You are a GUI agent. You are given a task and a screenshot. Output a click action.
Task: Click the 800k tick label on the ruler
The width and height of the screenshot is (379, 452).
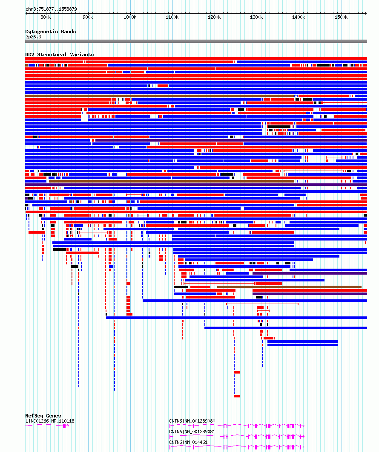[x=46, y=17]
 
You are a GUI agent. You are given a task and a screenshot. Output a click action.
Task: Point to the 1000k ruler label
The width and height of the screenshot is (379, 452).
[x=130, y=17]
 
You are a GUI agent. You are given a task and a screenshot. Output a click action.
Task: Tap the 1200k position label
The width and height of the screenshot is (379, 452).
[x=214, y=17]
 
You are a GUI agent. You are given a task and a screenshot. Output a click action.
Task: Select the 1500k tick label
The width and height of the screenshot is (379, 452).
[x=341, y=17]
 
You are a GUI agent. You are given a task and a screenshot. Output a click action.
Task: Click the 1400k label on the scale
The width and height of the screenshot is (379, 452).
[x=299, y=17]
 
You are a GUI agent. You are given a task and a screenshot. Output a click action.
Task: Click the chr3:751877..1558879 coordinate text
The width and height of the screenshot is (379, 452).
[x=51, y=9]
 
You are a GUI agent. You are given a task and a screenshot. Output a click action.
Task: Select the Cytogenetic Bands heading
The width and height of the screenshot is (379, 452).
[x=51, y=32]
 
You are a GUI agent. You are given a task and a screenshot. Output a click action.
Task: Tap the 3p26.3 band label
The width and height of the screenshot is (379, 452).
[x=33, y=37]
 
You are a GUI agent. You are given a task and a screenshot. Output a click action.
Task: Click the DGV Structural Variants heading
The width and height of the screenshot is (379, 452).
[x=60, y=55]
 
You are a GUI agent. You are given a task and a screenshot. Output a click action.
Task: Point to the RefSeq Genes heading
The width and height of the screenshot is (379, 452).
[x=43, y=416]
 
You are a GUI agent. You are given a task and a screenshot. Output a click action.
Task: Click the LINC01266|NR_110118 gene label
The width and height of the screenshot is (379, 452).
[x=50, y=421]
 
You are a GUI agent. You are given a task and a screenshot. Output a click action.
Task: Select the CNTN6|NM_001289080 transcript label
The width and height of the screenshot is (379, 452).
[x=192, y=421]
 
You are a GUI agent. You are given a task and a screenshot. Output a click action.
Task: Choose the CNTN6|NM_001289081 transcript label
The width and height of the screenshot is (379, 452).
[x=192, y=432]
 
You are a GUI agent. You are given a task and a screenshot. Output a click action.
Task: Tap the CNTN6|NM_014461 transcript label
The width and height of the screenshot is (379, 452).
[x=188, y=442]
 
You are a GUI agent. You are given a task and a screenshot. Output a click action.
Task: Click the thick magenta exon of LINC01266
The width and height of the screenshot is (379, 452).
[x=64, y=426]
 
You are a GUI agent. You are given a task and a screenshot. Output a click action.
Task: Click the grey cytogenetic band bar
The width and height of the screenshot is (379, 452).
[x=196, y=41]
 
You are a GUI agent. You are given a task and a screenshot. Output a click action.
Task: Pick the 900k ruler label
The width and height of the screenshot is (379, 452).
[x=88, y=17]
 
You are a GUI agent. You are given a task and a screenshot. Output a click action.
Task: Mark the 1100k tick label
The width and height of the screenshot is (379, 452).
[x=172, y=17]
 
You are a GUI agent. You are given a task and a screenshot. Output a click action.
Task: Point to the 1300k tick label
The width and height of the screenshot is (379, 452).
[x=256, y=17]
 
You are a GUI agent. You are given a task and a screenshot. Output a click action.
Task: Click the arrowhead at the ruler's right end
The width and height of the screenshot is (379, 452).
[x=366, y=13]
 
